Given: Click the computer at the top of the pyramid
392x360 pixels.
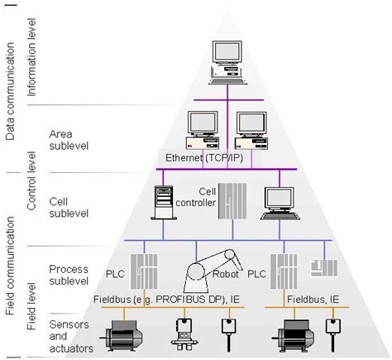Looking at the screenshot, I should tap(226, 62).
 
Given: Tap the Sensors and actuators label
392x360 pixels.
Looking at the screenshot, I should tap(70, 335).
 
